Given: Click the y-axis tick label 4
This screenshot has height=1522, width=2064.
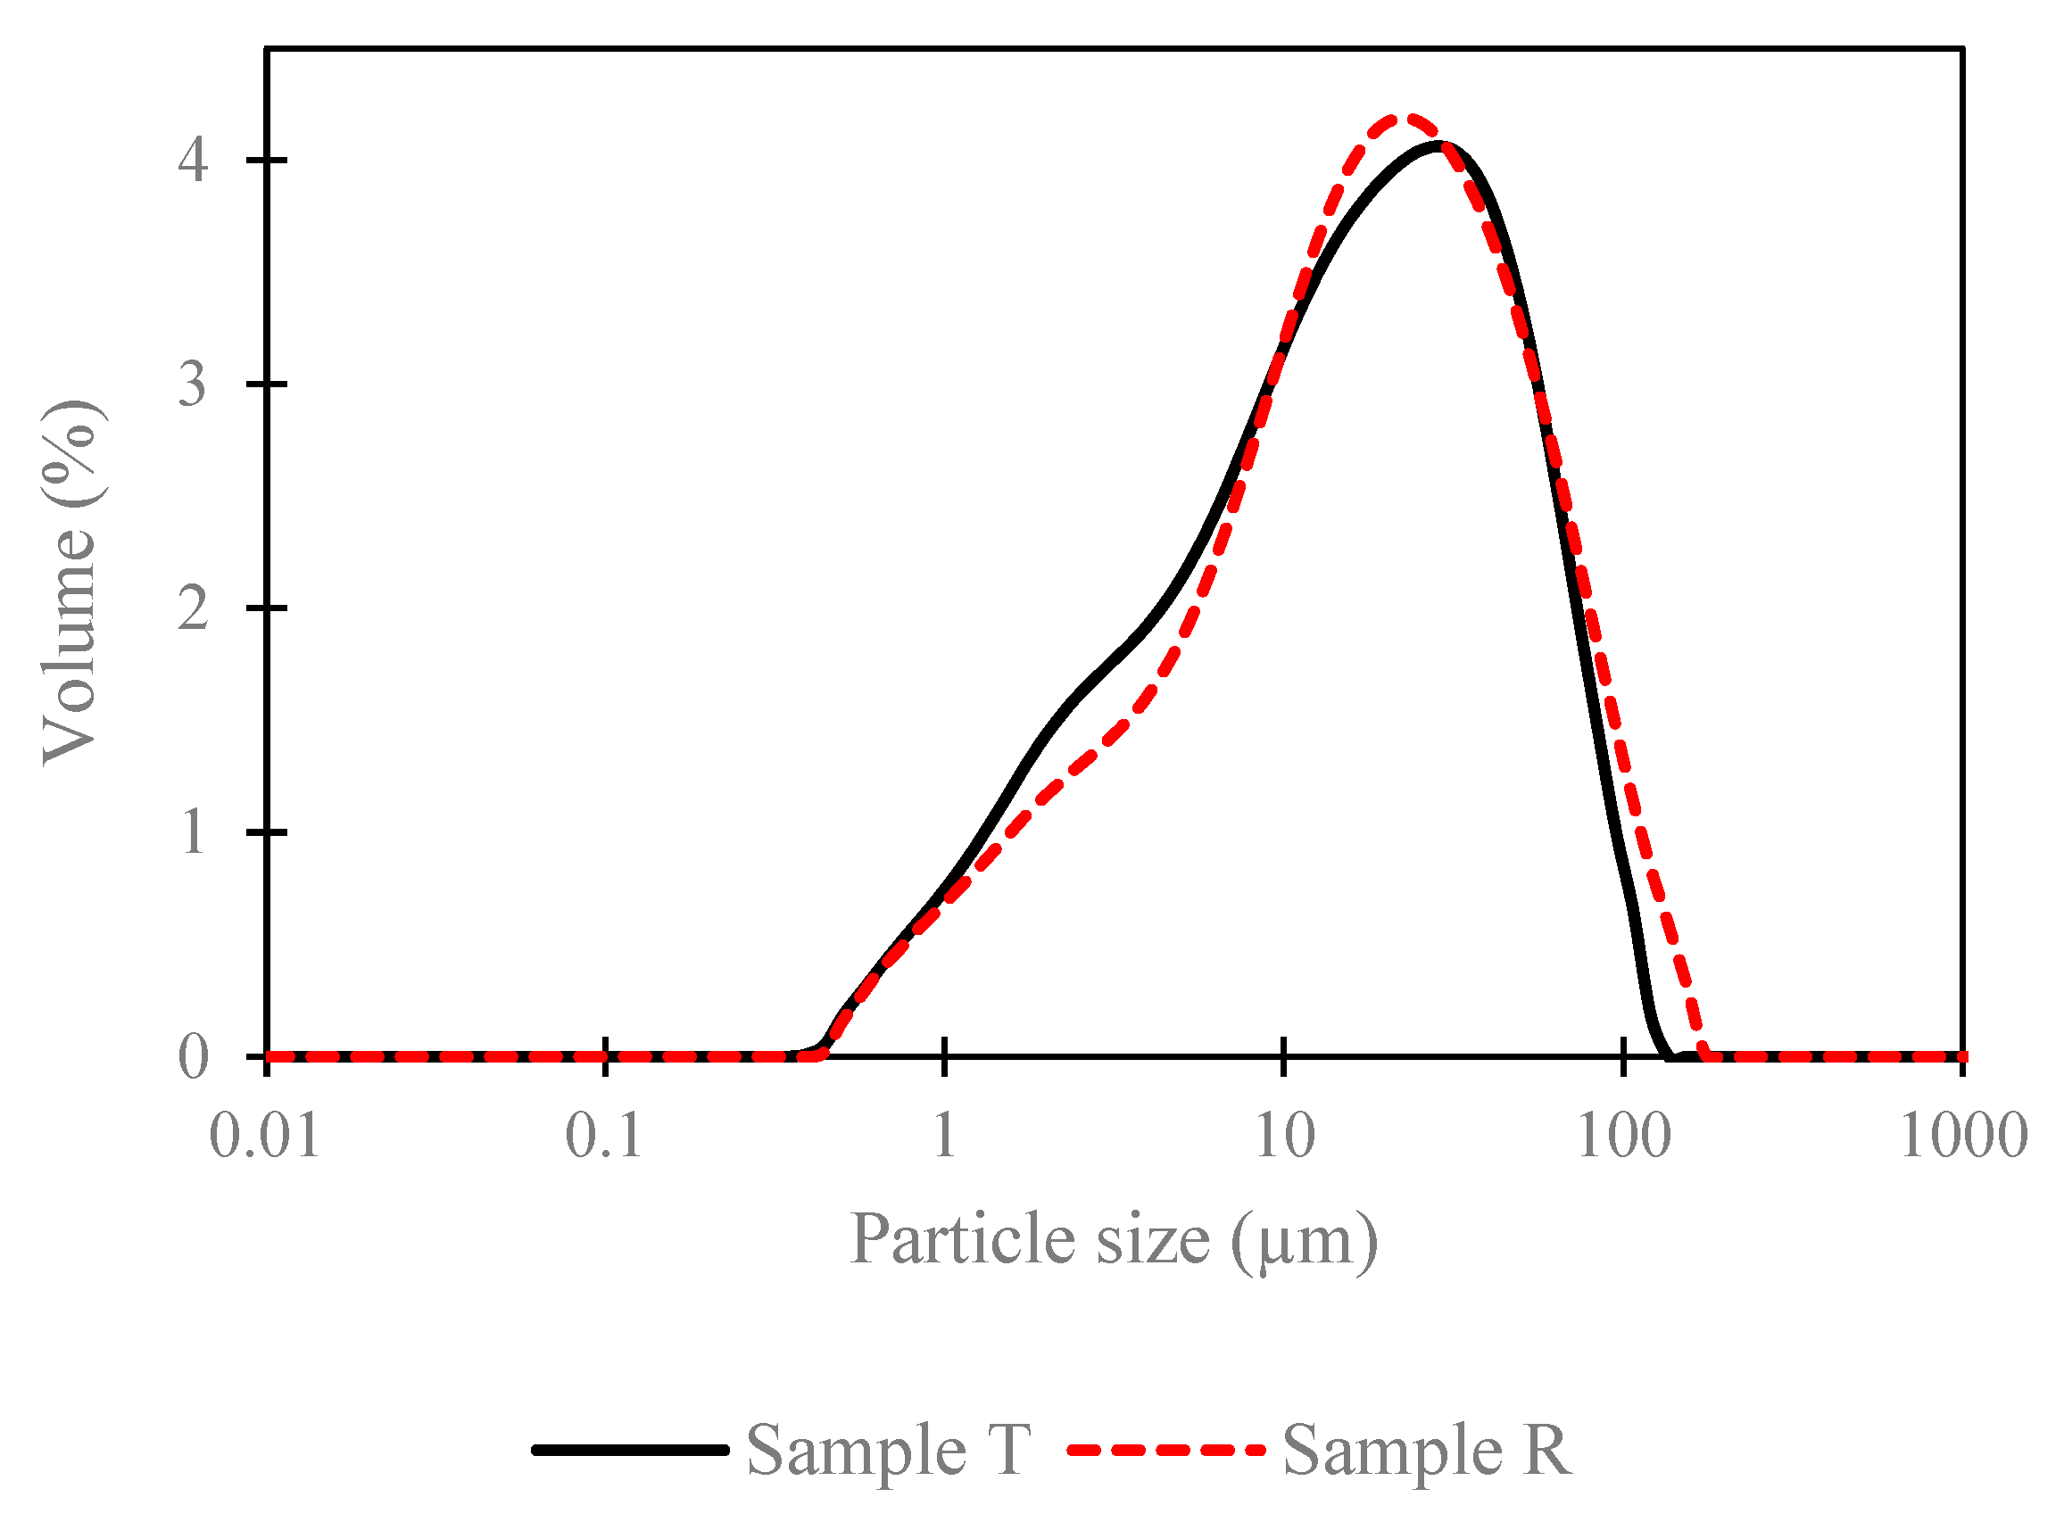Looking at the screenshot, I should (x=194, y=162).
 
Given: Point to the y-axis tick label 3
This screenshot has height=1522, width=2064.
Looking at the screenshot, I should (x=194, y=385).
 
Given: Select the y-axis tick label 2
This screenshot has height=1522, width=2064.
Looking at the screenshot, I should (x=194, y=610).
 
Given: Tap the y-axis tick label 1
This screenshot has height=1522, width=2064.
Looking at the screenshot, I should (x=194, y=834).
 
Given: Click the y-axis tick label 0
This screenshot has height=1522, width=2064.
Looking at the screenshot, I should (x=194, y=1058).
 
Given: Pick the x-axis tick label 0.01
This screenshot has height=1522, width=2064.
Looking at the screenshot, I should (x=265, y=1137).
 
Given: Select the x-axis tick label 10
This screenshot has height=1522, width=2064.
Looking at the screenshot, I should (x=1285, y=1137).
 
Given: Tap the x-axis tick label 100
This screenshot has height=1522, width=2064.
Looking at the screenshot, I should (x=1624, y=1137).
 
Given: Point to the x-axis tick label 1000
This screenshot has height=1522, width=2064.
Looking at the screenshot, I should (x=1963, y=1137).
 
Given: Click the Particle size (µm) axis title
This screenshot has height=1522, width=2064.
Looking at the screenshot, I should (x=1113, y=1240).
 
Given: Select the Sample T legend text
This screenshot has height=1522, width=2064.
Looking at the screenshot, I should (x=888, y=1451).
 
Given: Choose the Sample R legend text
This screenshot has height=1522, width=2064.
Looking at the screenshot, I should (x=1427, y=1451).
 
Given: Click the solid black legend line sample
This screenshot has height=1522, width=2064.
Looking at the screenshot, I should (x=631, y=1451).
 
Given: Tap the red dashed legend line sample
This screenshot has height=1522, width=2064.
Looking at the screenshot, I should (x=1165, y=1451).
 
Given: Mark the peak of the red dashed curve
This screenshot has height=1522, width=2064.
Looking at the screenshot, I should (x=1401, y=118).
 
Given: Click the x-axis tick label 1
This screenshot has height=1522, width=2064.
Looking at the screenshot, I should (x=944, y=1137).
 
